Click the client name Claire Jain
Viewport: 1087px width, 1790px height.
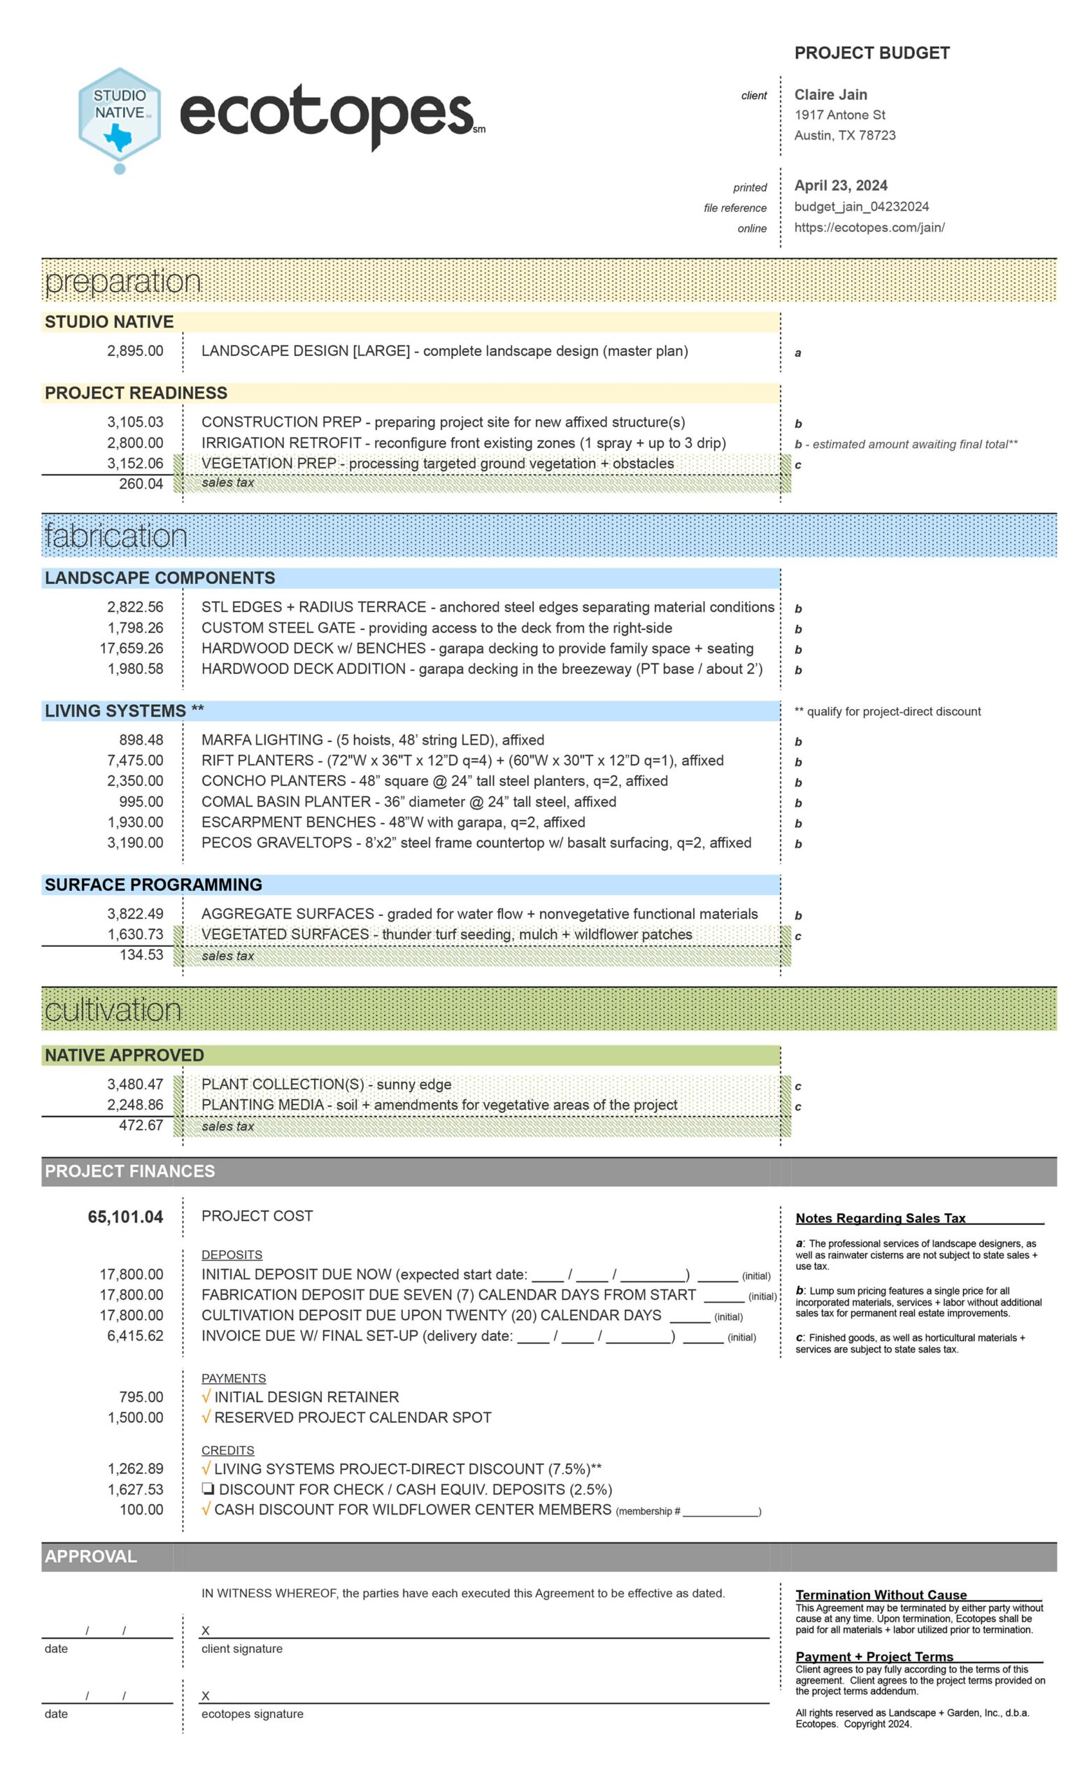[830, 94]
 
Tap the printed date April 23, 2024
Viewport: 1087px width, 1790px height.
[840, 185]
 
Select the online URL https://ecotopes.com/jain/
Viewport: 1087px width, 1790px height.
[868, 227]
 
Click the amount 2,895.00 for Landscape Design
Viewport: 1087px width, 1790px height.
[135, 351]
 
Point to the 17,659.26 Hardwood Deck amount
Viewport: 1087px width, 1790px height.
[132, 648]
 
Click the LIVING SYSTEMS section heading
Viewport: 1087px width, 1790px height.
[125, 710]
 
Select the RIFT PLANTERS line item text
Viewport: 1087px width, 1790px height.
[462, 761]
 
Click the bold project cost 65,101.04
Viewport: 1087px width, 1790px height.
[126, 1216]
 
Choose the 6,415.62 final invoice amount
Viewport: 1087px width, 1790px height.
[135, 1336]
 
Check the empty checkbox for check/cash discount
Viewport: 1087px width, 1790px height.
[207, 1489]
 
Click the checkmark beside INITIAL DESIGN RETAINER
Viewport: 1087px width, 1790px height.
[206, 1397]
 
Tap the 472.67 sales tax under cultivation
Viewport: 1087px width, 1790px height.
[141, 1125]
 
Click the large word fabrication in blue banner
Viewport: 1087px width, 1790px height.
[116, 536]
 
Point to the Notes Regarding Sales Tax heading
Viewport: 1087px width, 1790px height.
[880, 1218]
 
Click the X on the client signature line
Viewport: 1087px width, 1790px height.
[206, 1631]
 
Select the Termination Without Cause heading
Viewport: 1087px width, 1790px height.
[881, 1595]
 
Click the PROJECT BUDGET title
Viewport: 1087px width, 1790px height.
[871, 53]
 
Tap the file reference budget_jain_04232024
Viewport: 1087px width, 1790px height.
[861, 206]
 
